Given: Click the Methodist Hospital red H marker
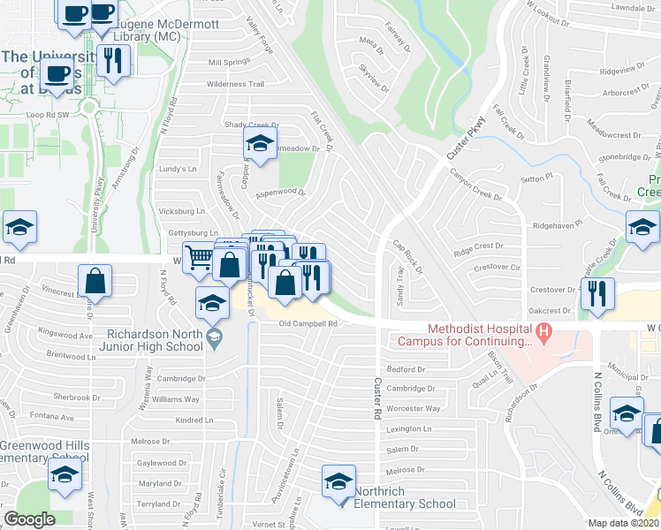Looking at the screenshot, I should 544,333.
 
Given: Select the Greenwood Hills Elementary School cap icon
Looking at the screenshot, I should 65,474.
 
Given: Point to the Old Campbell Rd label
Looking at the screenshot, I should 308,324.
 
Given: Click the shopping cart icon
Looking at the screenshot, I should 199,258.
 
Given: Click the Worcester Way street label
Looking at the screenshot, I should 414,408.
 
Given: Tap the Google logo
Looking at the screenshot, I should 29,519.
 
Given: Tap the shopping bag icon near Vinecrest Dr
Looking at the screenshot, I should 95,281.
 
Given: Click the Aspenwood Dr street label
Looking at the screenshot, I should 279,192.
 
